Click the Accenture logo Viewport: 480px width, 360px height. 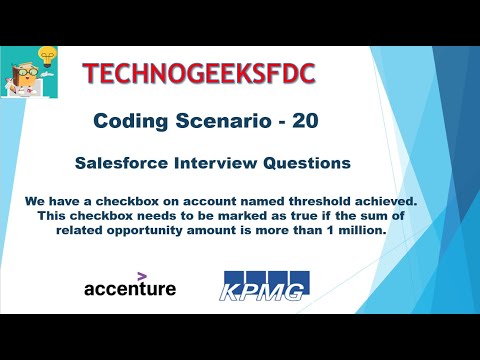coord(130,288)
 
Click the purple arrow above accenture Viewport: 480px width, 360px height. coord(142,273)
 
